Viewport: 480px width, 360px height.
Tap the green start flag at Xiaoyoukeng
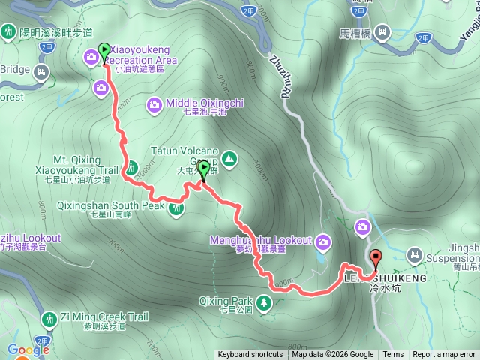coord(103,49)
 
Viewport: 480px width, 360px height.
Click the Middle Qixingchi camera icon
coord(154,104)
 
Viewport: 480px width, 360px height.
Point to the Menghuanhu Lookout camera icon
coord(323,241)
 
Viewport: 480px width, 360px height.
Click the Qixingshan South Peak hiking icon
coord(176,208)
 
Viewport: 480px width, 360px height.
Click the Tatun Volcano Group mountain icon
coord(229,158)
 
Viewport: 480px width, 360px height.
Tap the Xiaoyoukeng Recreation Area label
coord(141,59)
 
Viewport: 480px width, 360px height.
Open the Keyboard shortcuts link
coord(250,355)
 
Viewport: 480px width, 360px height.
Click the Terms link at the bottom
coord(393,355)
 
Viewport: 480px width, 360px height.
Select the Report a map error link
coord(444,355)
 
